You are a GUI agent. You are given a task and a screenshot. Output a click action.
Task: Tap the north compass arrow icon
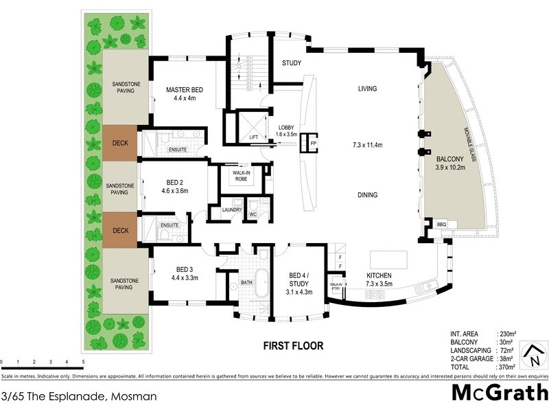pos(533,355)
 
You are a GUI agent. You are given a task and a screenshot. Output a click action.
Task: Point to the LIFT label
pos(253,137)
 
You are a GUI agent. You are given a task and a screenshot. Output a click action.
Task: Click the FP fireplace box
pos(313,144)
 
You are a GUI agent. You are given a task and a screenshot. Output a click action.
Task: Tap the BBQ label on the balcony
pos(441,225)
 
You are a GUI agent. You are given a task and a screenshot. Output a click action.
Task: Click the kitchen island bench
pos(388,260)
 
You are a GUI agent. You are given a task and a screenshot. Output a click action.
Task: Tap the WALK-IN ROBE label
pos(241,176)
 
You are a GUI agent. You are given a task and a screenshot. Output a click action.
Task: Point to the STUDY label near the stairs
pos(292,64)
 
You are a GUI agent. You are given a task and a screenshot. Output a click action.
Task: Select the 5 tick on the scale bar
pos(83,361)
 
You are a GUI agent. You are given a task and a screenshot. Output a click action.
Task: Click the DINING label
pos(368,195)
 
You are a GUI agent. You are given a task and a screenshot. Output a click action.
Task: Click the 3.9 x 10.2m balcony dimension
pos(450,166)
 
